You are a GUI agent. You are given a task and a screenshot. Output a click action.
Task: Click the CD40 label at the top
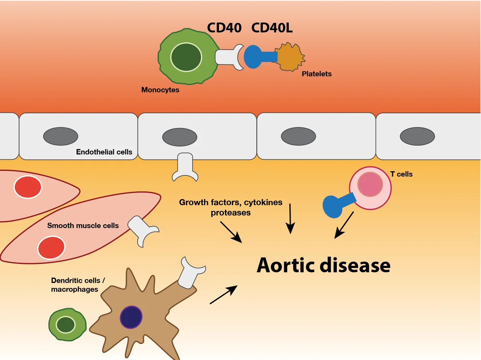[224, 28]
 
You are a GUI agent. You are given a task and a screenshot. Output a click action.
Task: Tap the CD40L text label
[272, 28]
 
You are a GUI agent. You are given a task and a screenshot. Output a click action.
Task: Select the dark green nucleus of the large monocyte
[186, 57]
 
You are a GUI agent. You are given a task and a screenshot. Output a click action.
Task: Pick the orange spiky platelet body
[291, 57]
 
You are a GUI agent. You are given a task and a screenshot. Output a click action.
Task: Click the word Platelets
[317, 74]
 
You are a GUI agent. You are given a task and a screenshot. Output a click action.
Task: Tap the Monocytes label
[160, 90]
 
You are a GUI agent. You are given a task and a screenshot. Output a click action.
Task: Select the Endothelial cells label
[104, 152]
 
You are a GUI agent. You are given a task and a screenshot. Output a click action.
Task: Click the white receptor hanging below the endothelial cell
[185, 167]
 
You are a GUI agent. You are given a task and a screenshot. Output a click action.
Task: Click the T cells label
[401, 174]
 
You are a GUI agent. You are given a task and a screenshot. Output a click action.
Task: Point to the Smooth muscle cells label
[83, 225]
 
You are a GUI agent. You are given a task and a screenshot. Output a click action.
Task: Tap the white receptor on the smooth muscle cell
[143, 231]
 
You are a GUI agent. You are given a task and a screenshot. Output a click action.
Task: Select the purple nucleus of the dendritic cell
[131, 317]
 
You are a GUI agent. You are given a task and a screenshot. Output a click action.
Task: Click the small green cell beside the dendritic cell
[67, 325]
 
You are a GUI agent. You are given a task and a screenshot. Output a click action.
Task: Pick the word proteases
[231, 213]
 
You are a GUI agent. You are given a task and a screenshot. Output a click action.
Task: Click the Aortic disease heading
[323, 265]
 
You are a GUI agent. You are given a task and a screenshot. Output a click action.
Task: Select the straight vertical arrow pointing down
[290, 218]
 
